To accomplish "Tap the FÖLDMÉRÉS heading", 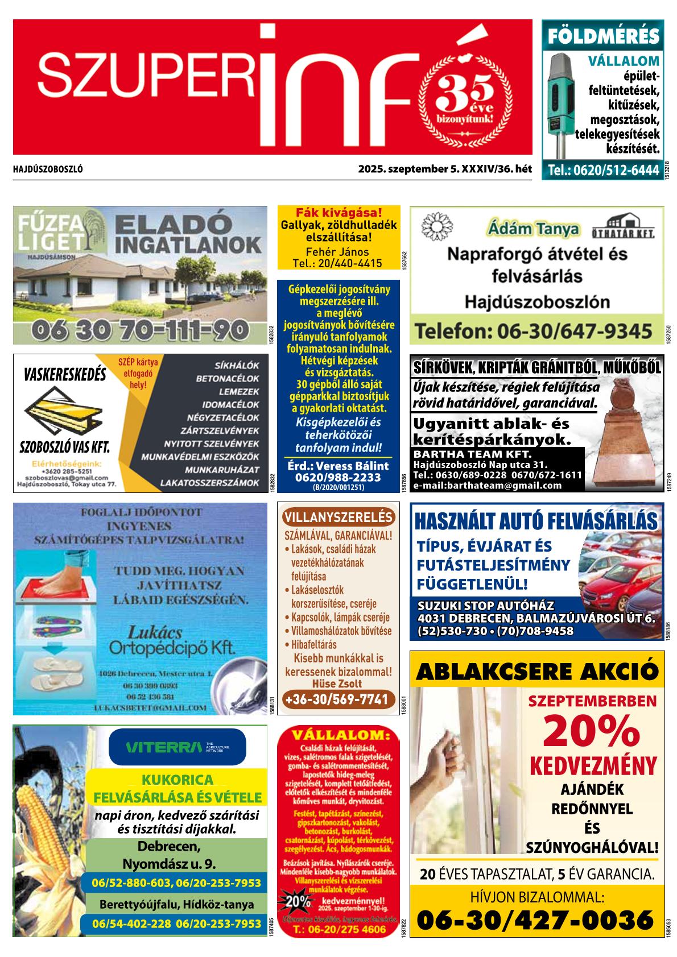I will tap(602, 36).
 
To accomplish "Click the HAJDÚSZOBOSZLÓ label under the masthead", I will tap(48, 169).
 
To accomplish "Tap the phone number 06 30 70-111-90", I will tap(140, 329).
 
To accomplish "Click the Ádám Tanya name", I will tap(533, 229).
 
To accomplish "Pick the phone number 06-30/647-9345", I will tap(534, 330).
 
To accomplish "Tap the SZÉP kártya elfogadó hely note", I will tap(138, 372).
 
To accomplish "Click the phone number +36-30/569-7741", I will tap(338, 699).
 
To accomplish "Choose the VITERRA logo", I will tap(177, 746).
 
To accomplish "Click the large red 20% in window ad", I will tap(592, 732).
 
